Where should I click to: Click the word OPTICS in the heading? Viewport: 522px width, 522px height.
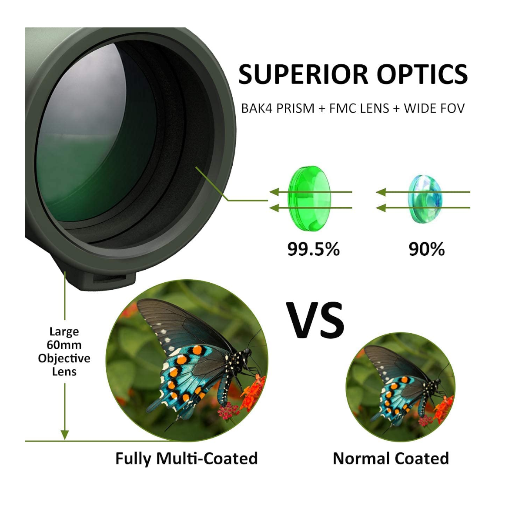click(422, 74)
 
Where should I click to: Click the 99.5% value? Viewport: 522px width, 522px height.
click(313, 249)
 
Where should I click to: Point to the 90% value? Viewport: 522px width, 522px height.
click(426, 249)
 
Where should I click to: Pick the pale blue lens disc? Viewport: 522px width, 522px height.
click(424, 199)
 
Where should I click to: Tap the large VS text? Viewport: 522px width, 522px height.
click(315, 321)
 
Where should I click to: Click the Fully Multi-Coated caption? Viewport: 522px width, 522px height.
click(186, 458)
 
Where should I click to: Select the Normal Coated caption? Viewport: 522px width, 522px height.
click(391, 458)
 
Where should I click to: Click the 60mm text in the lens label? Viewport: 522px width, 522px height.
click(64, 345)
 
